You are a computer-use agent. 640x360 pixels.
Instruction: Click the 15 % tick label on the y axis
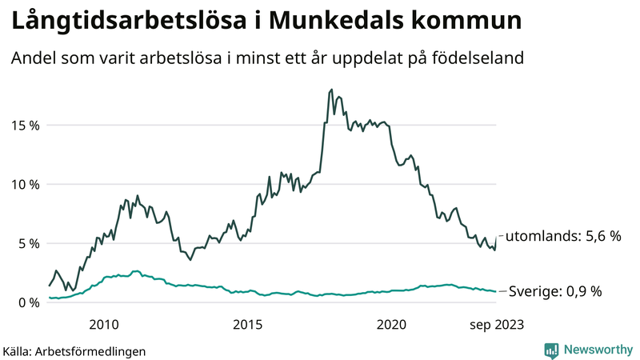click(x=24, y=125)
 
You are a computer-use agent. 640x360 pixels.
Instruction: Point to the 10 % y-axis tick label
click(x=24, y=184)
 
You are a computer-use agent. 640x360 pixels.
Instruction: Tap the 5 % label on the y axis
click(x=27, y=243)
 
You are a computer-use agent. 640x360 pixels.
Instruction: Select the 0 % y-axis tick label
click(x=27, y=302)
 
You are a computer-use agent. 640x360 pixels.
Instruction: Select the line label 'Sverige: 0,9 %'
click(x=554, y=292)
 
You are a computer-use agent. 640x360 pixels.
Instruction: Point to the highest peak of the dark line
click(x=331, y=90)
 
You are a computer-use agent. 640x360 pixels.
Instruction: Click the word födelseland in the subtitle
click(x=490, y=59)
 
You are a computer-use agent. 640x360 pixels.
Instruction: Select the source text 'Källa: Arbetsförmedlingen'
click(x=74, y=350)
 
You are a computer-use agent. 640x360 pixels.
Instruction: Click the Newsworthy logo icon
click(x=551, y=350)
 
